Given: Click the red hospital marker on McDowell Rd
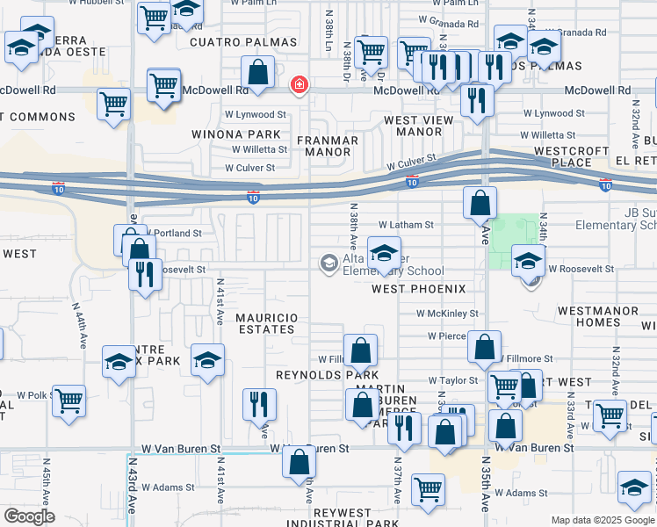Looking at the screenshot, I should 299,85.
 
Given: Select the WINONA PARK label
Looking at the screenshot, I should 237,134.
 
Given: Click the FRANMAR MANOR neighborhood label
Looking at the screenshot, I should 327,146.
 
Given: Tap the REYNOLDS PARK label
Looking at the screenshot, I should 314,374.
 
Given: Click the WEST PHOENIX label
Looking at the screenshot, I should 417,289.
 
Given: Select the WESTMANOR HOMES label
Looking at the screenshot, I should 588,316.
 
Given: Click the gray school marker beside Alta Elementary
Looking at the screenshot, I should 328,263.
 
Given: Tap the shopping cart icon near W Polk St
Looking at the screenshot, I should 69,399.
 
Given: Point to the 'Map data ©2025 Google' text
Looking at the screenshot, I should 602,520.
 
